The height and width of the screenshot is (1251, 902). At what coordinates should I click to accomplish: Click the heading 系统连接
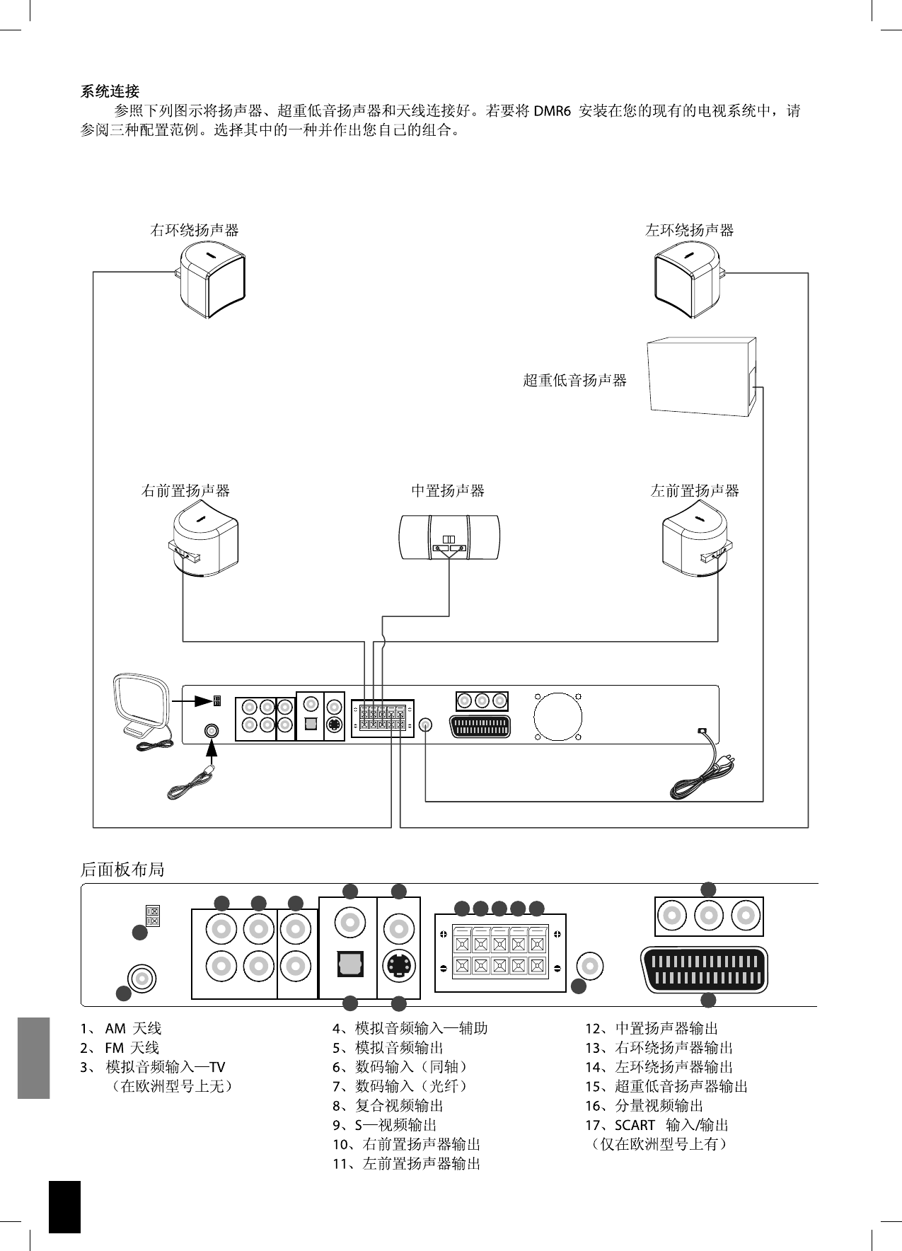click(x=110, y=91)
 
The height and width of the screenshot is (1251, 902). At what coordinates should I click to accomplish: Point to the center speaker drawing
click(x=449, y=537)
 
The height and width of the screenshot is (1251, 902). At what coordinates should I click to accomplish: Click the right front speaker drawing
click(x=203, y=538)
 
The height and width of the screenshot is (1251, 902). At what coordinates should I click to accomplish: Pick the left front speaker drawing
click(x=697, y=538)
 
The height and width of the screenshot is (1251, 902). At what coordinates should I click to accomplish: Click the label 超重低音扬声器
click(x=574, y=381)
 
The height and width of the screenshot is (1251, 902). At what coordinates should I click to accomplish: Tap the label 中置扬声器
click(x=448, y=490)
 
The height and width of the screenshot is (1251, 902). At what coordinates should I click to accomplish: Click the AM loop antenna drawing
click(x=142, y=710)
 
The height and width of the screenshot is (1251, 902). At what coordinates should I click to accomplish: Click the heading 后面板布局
click(x=122, y=869)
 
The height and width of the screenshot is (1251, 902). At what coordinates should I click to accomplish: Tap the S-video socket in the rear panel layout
click(x=398, y=964)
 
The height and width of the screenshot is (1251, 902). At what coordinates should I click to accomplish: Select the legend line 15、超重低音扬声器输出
click(x=666, y=1086)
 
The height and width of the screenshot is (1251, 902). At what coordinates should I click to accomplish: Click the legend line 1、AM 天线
click(x=121, y=1028)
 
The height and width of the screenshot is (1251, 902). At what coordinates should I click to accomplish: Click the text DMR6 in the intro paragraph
click(x=552, y=111)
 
